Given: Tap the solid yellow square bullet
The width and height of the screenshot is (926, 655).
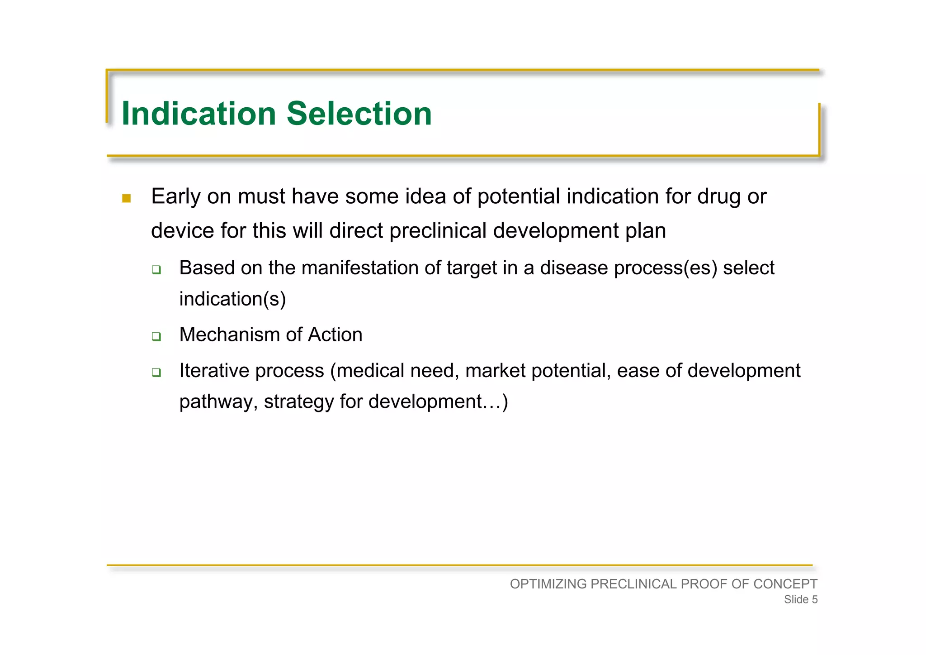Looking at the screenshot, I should click(x=127, y=198).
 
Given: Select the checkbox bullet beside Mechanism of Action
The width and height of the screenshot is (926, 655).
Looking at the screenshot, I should click(x=156, y=337).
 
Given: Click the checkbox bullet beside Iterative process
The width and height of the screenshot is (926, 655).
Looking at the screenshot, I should click(x=156, y=373).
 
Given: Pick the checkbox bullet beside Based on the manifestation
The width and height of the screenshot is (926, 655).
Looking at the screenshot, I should click(x=156, y=270).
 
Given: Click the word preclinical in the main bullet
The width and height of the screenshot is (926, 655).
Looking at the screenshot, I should click(x=438, y=231).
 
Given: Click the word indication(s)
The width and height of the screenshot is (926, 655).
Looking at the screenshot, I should click(x=232, y=299).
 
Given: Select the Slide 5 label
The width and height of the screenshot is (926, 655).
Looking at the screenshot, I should click(x=800, y=600).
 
